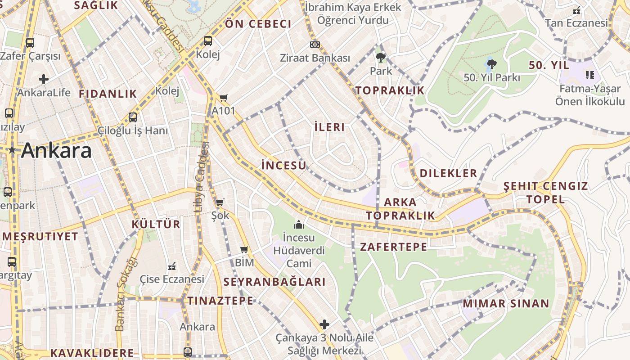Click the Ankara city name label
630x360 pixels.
point(56,150)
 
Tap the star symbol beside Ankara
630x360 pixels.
point(12,151)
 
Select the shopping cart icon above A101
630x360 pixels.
point(224,98)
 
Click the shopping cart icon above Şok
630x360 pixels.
point(220,202)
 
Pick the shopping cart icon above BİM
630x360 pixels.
point(244,249)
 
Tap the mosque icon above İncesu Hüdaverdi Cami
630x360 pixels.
point(299,224)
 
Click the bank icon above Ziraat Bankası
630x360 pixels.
point(315,45)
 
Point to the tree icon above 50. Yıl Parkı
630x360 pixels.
point(491,64)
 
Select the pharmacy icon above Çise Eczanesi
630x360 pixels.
point(171,266)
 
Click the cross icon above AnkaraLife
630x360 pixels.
point(44,80)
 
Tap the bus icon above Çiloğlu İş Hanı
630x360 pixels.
point(133,117)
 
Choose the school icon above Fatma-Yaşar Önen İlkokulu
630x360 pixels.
point(590,75)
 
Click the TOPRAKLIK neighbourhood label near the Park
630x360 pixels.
point(390,90)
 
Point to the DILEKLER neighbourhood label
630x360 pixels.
point(448,173)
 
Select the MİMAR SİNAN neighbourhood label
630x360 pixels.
point(506,303)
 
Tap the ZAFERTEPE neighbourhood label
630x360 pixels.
point(393,247)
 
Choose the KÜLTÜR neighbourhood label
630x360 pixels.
point(156,224)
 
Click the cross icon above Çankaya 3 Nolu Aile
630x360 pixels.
point(324,324)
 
